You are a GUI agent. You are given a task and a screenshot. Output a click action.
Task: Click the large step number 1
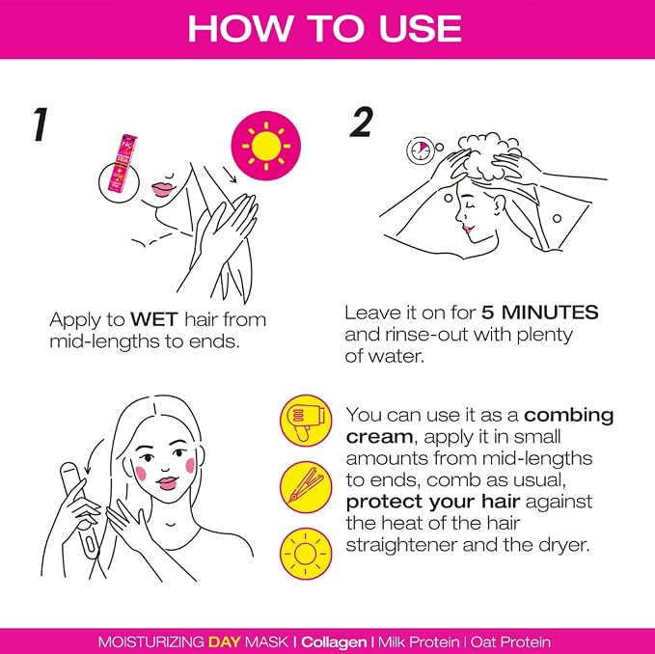pos(41,124)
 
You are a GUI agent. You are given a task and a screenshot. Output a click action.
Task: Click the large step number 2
pos(361,122)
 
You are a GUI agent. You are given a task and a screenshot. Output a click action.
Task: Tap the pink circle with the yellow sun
pos(266,146)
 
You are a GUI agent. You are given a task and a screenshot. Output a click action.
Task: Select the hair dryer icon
pos(306,421)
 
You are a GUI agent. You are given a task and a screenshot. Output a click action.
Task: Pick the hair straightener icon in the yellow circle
pos(306,487)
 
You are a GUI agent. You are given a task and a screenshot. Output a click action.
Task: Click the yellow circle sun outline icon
pos(306,554)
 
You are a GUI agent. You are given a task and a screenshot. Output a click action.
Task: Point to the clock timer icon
pos(421,150)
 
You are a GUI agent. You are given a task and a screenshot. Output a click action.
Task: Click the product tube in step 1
pos(122,163)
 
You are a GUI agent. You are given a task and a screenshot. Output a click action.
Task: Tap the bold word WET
pos(154,319)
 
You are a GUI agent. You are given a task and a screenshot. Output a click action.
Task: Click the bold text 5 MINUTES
pos(539,313)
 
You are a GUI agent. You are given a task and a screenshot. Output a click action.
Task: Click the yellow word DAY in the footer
pos(225,641)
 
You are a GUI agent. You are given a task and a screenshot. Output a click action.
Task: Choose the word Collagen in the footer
pos(334,641)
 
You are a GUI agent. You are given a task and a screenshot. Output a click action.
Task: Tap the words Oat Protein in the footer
pos(510,641)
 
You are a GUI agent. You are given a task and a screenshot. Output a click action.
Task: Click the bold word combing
pos(568,416)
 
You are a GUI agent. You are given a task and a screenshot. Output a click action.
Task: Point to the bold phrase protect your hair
pos(433,503)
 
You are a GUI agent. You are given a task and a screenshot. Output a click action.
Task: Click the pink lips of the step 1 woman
pos(161,189)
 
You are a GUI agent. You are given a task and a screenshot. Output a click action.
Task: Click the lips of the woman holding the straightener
pos(167,483)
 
